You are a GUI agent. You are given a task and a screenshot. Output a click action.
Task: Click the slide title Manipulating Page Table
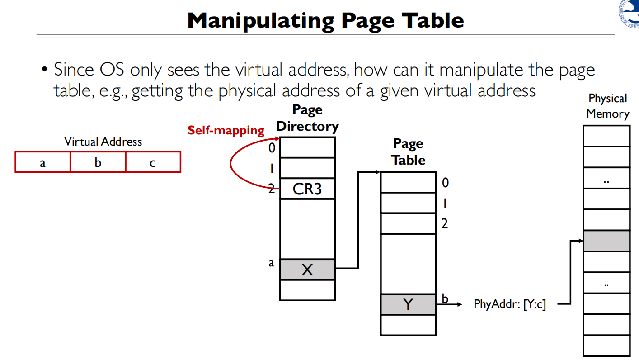pyautogui.click(x=325, y=21)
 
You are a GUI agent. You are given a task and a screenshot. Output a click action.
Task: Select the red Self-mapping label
pyautogui.click(x=226, y=131)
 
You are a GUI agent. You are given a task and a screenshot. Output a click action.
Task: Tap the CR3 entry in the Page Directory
pyautogui.click(x=307, y=189)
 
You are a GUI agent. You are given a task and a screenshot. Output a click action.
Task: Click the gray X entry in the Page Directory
pyautogui.click(x=307, y=270)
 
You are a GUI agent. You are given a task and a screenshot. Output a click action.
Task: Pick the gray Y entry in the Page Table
pyautogui.click(x=408, y=304)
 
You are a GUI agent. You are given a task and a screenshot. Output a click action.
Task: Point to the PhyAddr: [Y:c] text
pyautogui.click(x=509, y=304)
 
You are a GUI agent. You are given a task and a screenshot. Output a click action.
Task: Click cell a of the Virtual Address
pyautogui.click(x=42, y=162)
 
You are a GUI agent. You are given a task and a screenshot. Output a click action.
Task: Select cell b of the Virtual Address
pyautogui.click(x=98, y=162)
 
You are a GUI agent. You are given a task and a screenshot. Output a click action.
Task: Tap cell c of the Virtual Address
pyautogui.click(x=153, y=162)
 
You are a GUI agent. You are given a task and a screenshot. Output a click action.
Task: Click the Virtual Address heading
pyautogui.click(x=103, y=142)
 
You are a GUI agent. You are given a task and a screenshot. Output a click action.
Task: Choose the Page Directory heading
pyautogui.click(x=307, y=118)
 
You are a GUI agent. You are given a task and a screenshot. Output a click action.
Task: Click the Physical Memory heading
pyautogui.click(x=607, y=106)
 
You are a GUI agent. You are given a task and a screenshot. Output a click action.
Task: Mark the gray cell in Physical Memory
pyautogui.click(x=606, y=241)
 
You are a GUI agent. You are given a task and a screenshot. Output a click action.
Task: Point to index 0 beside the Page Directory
pyautogui.click(x=272, y=147)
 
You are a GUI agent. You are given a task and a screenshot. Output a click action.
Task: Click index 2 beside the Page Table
pyautogui.click(x=445, y=223)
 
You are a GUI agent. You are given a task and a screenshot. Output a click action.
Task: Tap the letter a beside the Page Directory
pyautogui.click(x=271, y=263)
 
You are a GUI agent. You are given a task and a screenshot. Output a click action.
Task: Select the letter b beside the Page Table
pyautogui.click(x=445, y=298)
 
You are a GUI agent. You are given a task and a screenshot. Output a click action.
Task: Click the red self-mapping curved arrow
pyautogui.click(x=232, y=164)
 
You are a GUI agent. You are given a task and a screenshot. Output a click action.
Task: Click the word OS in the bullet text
pyautogui.click(x=108, y=70)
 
